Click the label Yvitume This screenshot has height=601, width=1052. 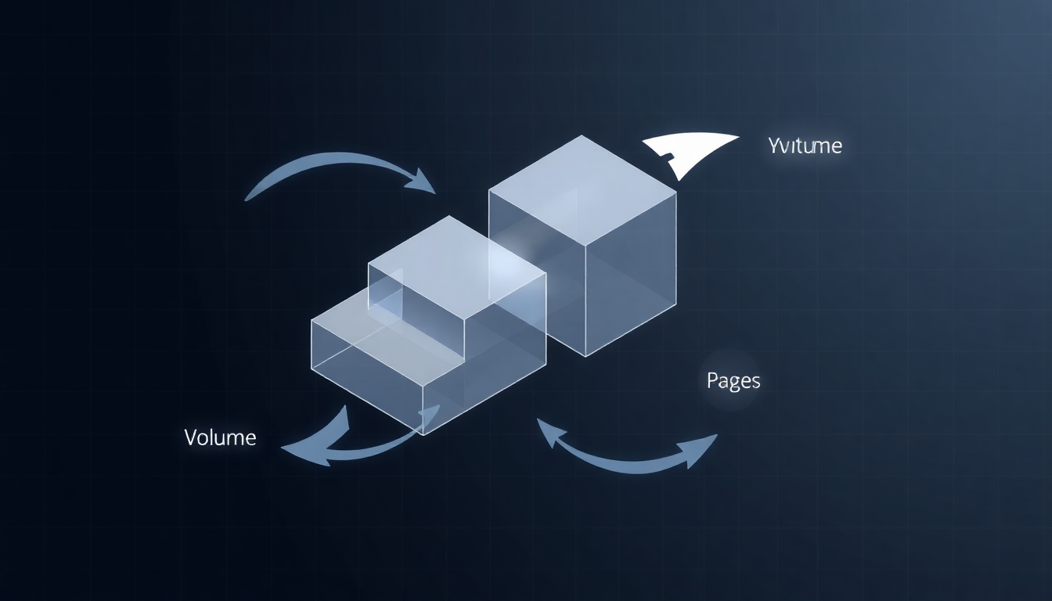(805, 146)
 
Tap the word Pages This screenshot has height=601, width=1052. (733, 381)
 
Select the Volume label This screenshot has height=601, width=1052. (220, 437)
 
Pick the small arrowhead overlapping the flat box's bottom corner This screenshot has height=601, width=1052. (431, 415)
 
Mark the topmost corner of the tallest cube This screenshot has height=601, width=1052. (581, 136)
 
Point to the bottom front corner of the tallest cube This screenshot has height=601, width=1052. (586, 355)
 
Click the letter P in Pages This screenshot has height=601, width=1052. (712, 381)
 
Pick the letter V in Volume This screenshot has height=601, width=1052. (191, 437)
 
